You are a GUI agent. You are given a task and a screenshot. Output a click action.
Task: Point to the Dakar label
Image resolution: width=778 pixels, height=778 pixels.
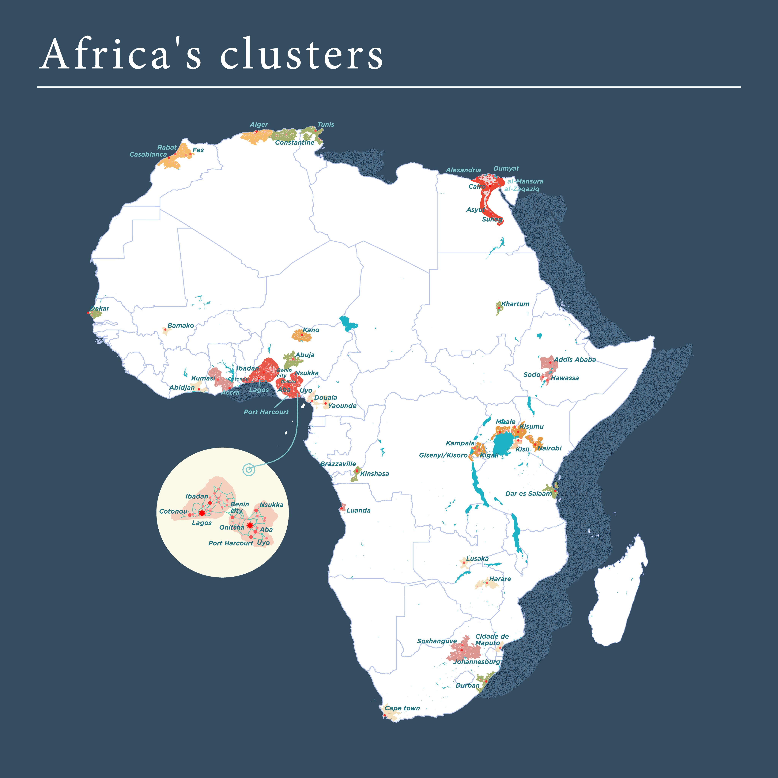coord(100,308)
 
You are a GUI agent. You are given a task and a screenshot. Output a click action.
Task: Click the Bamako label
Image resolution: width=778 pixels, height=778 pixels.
coord(180,325)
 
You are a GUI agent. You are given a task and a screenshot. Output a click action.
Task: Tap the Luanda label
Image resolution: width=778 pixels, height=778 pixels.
coord(358,510)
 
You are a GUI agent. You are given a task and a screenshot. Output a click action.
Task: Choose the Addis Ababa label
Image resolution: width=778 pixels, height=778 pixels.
coord(575,360)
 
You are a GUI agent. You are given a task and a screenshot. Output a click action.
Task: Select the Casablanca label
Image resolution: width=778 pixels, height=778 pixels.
coord(148,154)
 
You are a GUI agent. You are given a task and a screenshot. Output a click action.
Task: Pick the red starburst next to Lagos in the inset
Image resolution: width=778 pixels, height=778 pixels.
coord(202,513)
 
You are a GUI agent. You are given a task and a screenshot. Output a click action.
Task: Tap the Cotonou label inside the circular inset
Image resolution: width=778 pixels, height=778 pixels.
coord(173,512)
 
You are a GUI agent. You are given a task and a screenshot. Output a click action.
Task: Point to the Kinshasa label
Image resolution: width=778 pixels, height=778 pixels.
coord(375,474)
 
